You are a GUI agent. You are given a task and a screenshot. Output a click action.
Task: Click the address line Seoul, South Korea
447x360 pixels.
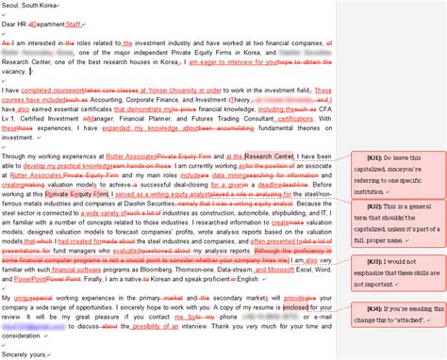coord(34,6)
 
